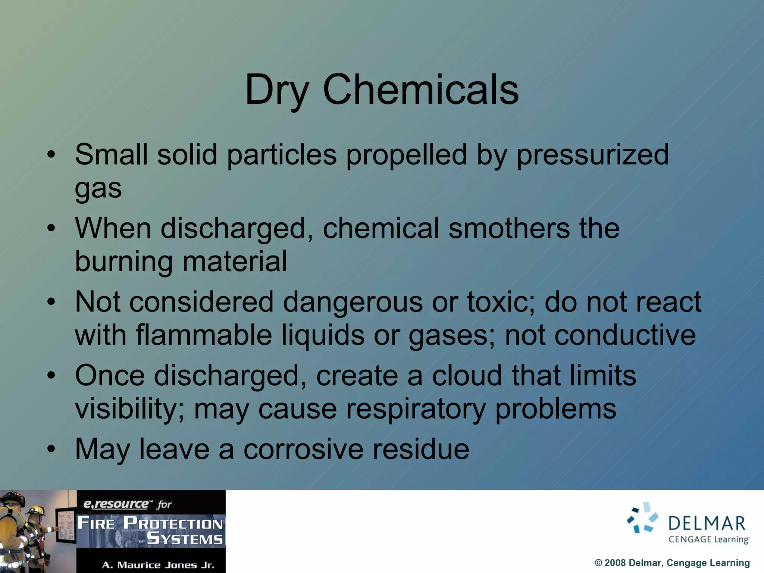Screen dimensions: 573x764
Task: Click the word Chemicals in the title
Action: click(x=420, y=90)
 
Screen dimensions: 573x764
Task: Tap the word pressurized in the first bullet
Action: click(x=592, y=155)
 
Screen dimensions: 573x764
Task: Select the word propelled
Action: click(x=406, y=155)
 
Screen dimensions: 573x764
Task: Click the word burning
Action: click(x=123, y=262)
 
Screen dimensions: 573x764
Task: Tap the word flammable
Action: click(x=204, y=335)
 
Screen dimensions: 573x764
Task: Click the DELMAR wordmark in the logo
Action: click(x=707, y=523)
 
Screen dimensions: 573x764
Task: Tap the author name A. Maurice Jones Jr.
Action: click(x=158, y=565)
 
